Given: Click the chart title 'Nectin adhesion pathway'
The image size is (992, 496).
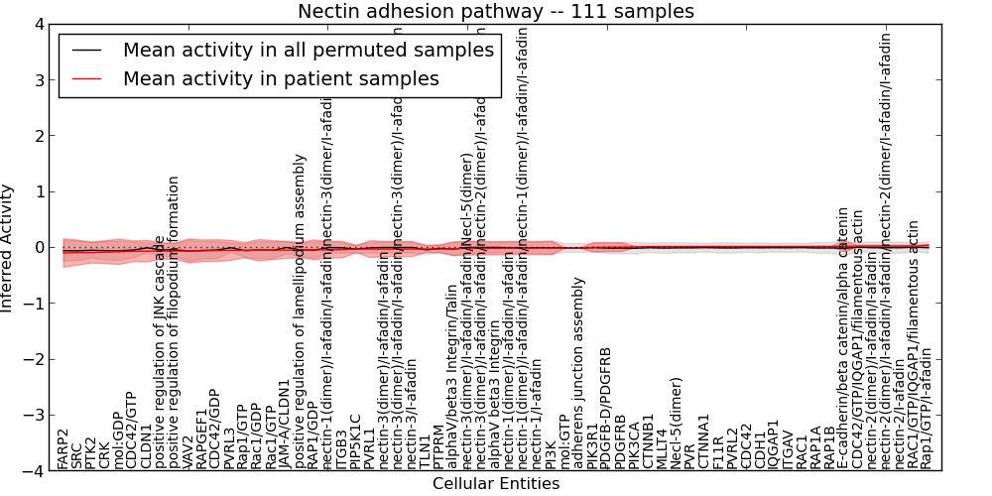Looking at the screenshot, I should tap(496, 11).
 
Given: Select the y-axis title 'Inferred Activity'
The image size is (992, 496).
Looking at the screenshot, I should tap(8, 247).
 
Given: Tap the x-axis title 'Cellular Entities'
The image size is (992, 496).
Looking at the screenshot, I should tap(496, 484).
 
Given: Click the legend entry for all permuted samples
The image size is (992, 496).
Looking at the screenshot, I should tap(308, 50).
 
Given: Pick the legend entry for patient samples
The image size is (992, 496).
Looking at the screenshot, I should tap(281, 78).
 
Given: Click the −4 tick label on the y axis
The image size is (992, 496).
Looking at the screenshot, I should tap(32, 472).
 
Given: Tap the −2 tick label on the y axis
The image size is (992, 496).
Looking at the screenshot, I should tap(32, 360).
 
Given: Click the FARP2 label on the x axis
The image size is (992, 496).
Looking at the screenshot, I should tap(63, 449).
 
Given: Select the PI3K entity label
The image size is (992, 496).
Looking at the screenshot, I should tap(552, 454).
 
